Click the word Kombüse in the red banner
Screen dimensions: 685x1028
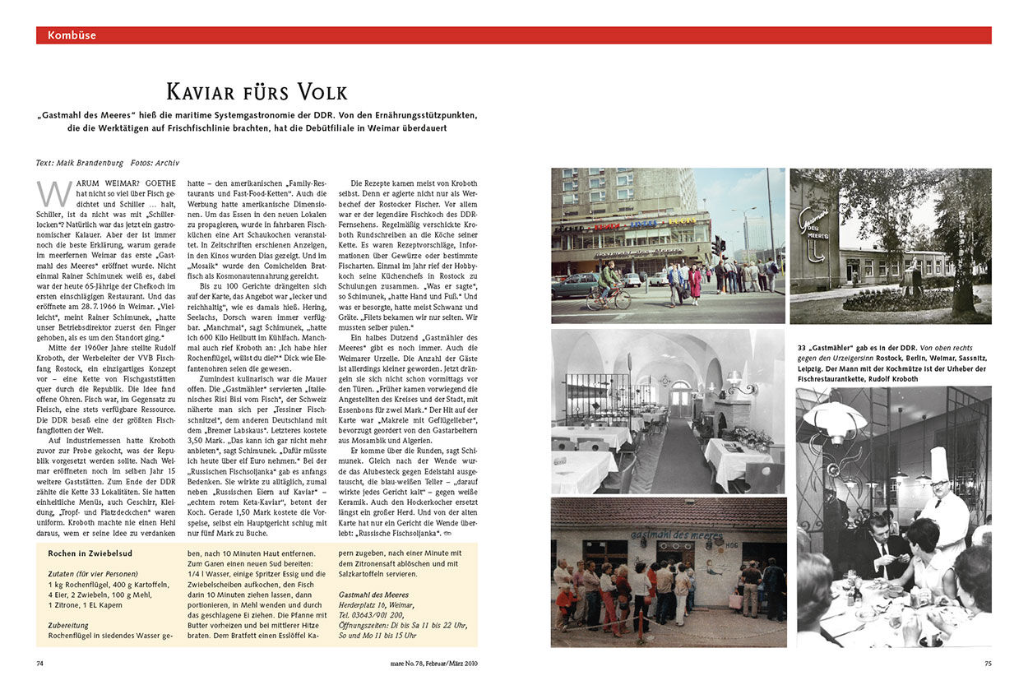click(x=72, y=35)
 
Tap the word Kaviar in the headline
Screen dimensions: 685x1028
click(x=206, y=91)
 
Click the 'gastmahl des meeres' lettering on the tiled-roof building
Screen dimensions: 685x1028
click(x=667, y=535)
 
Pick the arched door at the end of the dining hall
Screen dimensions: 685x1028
click(x=681, y=398)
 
